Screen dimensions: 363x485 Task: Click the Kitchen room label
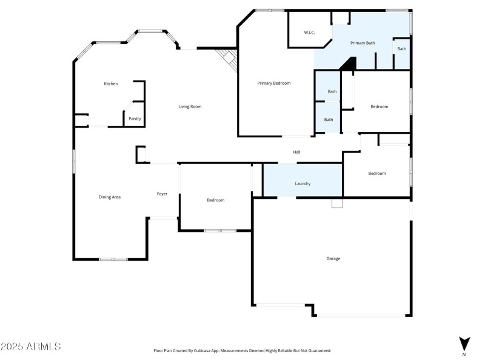point(110,83)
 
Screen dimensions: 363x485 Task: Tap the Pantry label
point(135,119)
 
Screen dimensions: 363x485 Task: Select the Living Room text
point(189,106)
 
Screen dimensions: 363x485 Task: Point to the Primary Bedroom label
point(273,83)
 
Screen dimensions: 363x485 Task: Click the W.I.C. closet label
point(309,33)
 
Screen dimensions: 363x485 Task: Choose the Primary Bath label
point(363,43)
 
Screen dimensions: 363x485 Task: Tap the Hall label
point(297,152)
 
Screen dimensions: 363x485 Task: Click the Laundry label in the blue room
point(303,183)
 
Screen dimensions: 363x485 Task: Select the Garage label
point(333,258)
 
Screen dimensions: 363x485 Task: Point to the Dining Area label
point(110,197)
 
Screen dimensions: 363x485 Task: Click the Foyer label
point(162,194)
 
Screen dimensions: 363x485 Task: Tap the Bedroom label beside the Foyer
point(215,200)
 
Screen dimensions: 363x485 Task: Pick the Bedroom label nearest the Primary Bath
point(379,106)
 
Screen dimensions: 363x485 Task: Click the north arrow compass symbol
point(464,343)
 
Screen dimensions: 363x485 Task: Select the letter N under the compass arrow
point(464,355)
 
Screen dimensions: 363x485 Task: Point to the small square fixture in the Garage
point(336,204)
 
